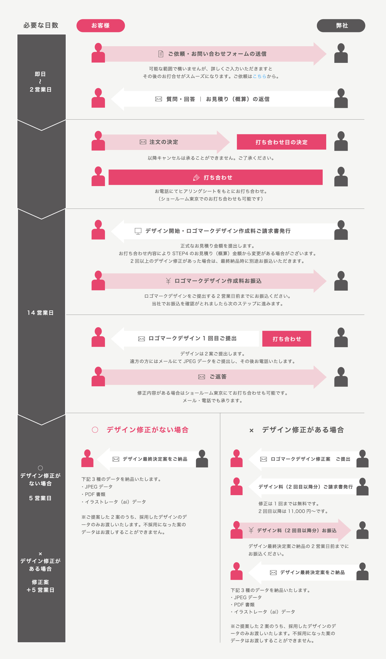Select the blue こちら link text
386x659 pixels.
[x=260, y=76]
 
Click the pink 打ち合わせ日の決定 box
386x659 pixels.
[x=282, y=142]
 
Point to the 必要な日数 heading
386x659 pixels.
[x=41, y=25]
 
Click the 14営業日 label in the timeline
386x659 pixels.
[x=41, y=313]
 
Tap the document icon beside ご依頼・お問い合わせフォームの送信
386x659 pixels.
[x=161, y=54]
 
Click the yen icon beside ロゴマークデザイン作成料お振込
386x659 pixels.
[x=168, y=281]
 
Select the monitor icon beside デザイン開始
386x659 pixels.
[x=138, y=231]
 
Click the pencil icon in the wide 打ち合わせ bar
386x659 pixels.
[x=196, y=178]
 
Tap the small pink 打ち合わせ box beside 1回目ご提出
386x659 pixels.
[x=287, y=339]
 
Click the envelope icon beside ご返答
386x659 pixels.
[x=202, y=377]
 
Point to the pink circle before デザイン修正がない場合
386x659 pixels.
[x=95, y=430]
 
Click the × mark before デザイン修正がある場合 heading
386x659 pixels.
[x=252, y=430]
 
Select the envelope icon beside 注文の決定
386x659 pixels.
[x=143, y=142]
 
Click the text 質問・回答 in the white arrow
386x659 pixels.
[x=181, y=99]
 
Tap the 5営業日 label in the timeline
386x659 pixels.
[x=40, y=498]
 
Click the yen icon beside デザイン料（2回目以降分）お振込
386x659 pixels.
[x=251, y=530]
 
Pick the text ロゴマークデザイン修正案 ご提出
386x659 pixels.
[x=311, y=459]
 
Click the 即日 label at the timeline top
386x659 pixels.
[x=40, y=74]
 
